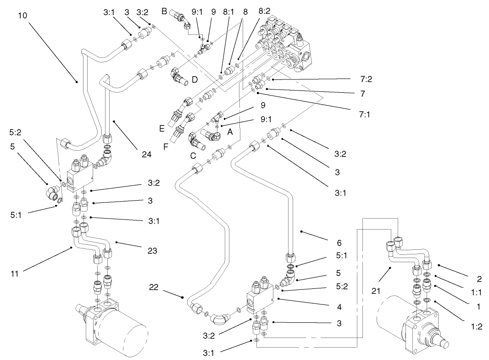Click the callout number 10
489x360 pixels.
coord(22,16)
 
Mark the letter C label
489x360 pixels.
coord(194,155)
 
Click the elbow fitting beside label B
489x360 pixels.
coord(185,23)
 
